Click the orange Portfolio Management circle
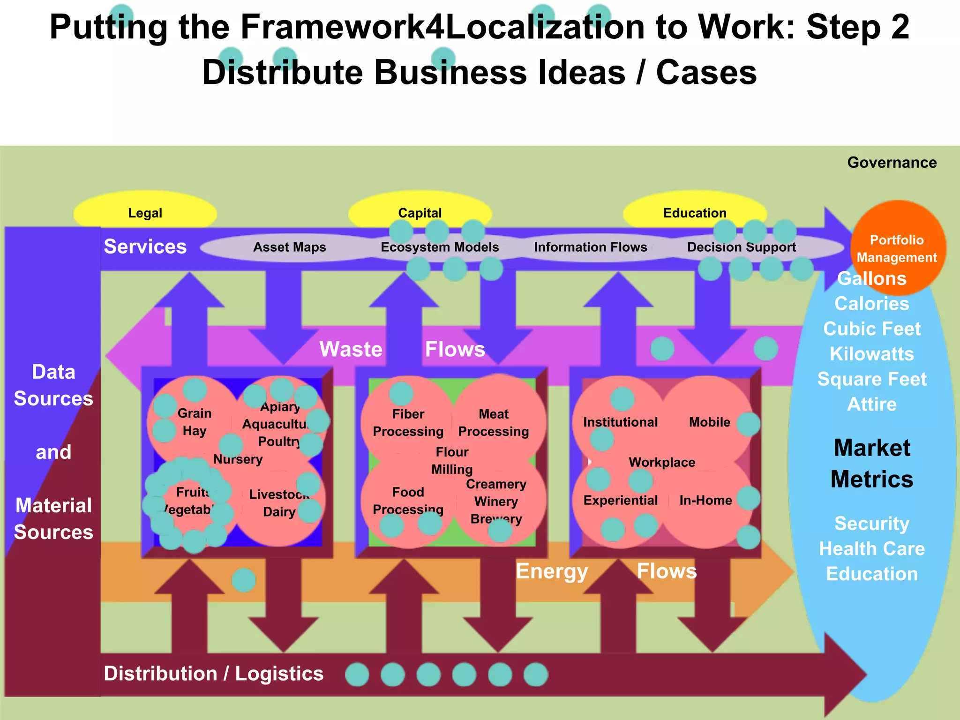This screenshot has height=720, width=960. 896,248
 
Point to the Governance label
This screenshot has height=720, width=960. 892,163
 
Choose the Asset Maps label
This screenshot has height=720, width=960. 289,247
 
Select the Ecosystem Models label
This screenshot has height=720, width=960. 439,247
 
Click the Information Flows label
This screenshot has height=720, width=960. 590,247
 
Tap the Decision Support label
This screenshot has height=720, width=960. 741,247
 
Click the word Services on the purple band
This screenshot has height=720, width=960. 145,247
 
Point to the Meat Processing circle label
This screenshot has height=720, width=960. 493,422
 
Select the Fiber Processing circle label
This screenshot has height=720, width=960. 408,422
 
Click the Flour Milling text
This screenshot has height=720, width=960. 452,460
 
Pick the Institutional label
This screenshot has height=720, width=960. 620,422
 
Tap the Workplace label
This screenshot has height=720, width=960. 661,462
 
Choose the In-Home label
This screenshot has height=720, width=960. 705,500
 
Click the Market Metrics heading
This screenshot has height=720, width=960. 872,463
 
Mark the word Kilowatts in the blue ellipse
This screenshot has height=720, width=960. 871,354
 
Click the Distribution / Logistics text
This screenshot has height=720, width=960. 213,674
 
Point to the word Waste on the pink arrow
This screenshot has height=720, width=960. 351,349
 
